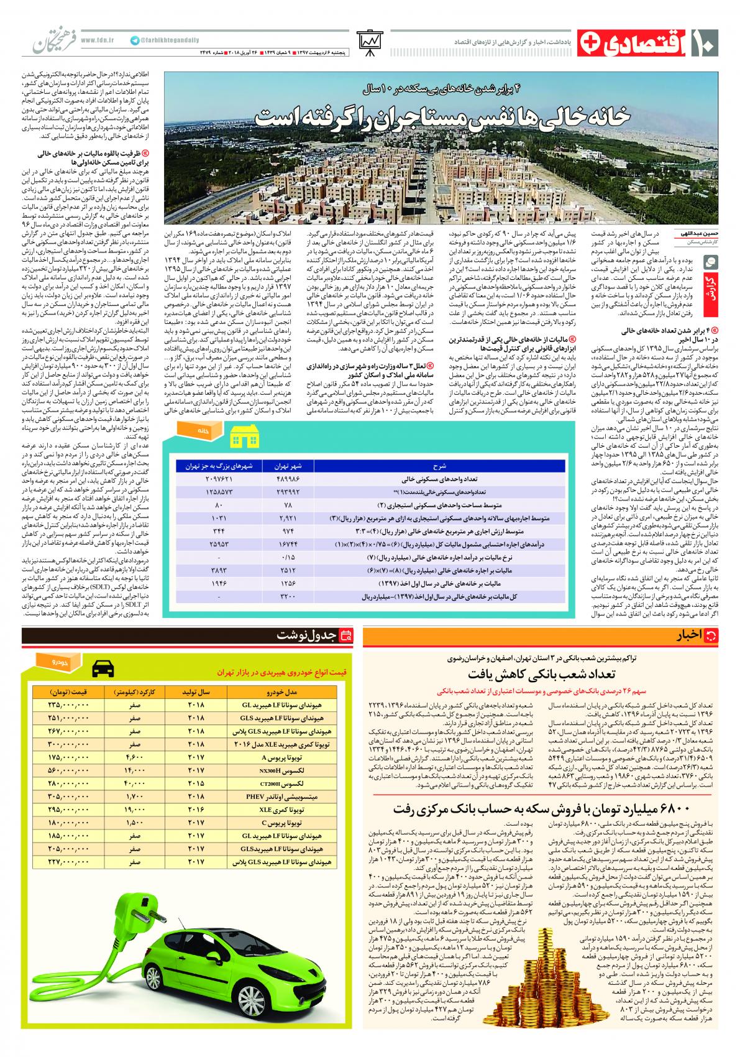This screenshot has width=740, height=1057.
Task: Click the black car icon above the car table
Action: [x=103, y=670]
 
